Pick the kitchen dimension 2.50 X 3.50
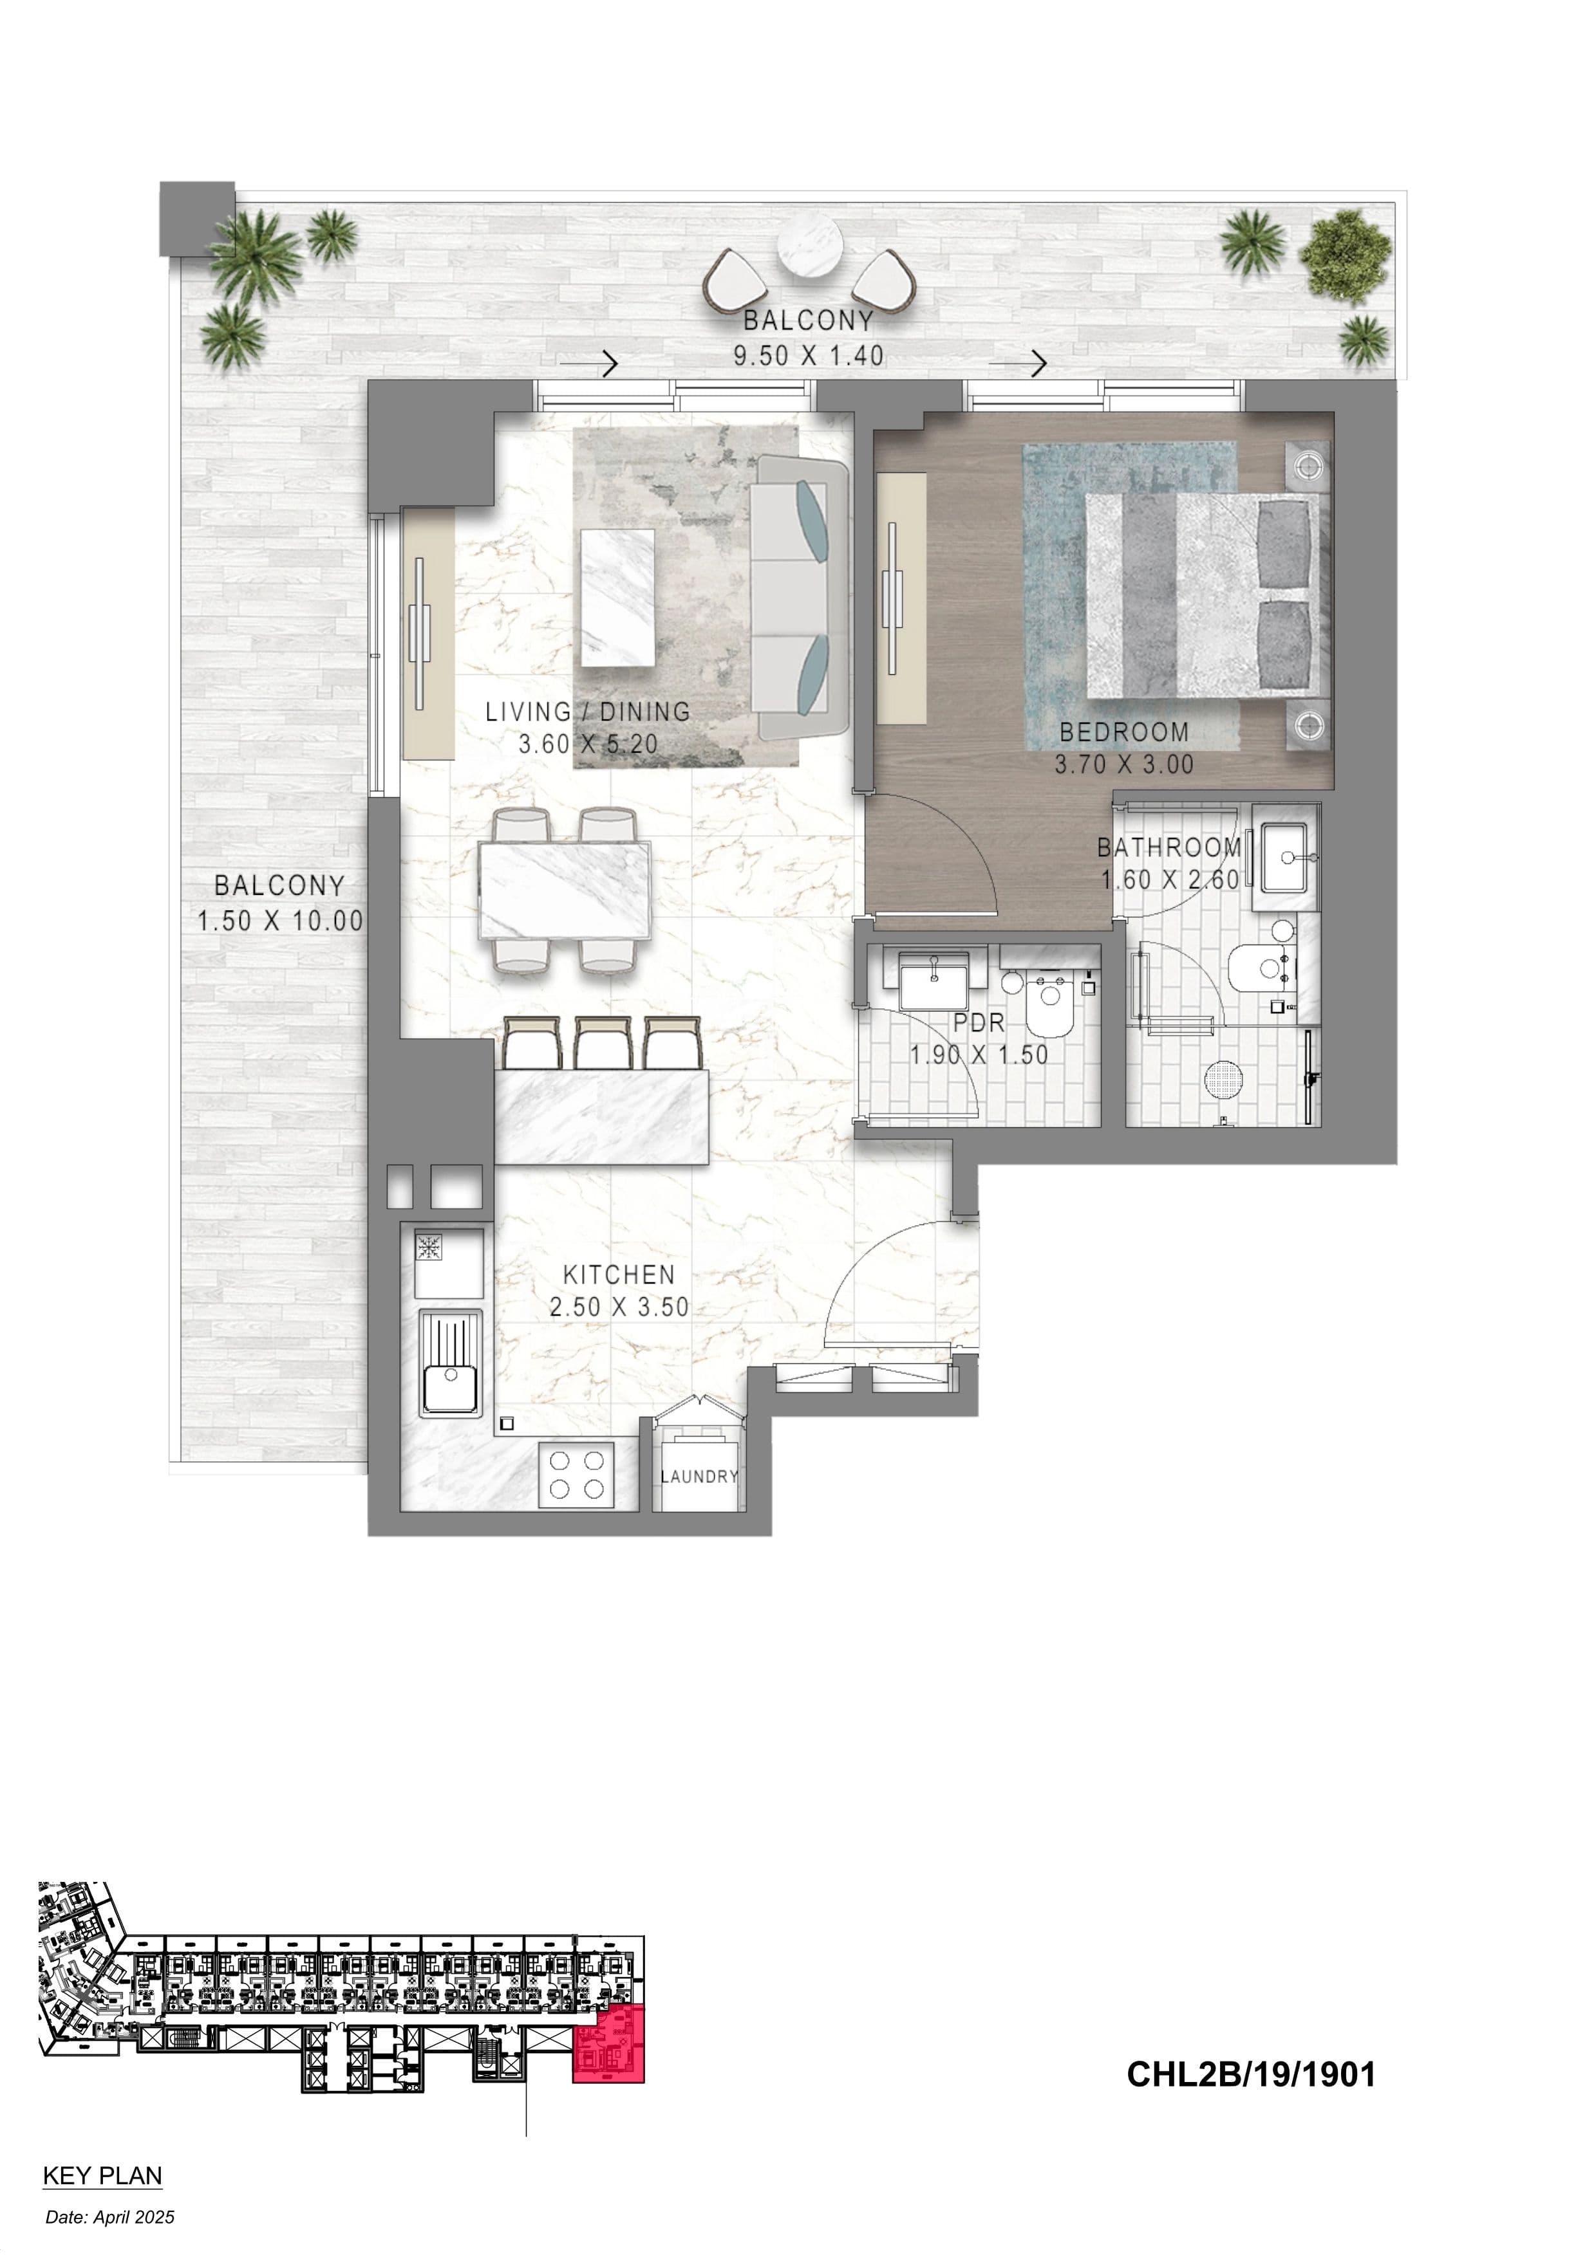619,1307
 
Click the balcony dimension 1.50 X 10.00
280,921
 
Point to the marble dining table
565,890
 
